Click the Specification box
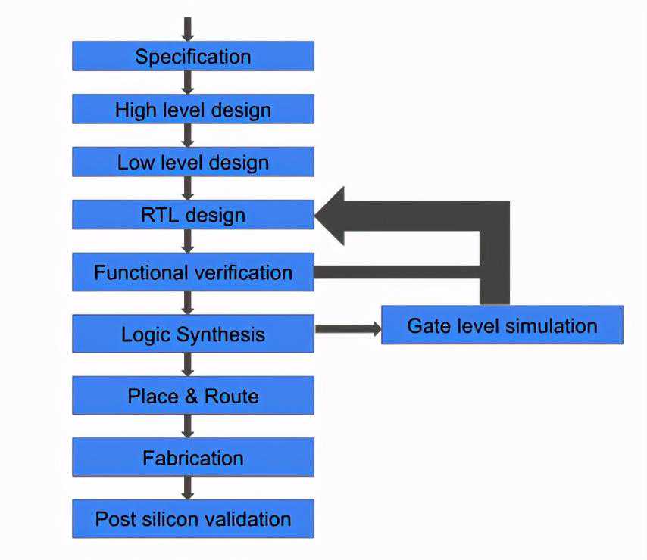click(x=192, y=56)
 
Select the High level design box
click(x=192, y=109)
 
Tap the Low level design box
click(x=192, y=162)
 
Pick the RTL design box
click(x=192, y=215)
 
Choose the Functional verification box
click(x=192, y=272)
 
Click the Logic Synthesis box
click(x=192, y=334)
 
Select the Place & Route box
click(x=192, y=396)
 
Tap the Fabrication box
click(x=192, y=458)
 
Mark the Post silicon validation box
click(x=192, y=519)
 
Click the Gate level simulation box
click(x=502, y=325)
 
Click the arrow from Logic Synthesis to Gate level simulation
click(x=348, y=328)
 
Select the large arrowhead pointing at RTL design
click(x=331, y=216)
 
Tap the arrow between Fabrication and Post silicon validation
click(x=188, y=488)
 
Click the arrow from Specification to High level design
click(x=188, y=82)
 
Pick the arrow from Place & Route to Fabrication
click(x=188, y=426)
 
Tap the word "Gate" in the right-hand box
click(x=427, y=325)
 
